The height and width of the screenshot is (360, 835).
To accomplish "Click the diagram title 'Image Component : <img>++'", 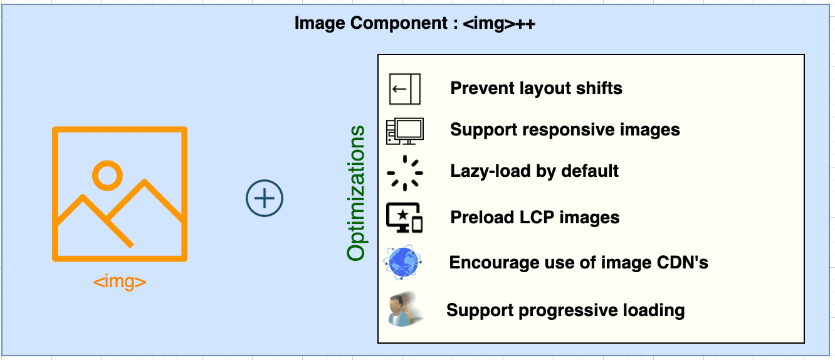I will point(414,24).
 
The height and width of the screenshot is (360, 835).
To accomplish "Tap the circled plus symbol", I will point(265,199).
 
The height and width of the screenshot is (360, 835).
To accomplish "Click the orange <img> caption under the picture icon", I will point(120,282).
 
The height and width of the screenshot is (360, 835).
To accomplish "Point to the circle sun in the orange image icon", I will point(107,175).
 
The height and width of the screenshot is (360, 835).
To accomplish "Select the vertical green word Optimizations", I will point(356,193).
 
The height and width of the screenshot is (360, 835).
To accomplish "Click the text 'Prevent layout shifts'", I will point(536,88).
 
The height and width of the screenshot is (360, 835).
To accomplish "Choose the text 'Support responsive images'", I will point(565,130).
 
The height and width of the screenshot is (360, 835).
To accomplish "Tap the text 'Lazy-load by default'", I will point(534,171).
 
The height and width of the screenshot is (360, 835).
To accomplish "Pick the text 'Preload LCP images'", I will point(535,218).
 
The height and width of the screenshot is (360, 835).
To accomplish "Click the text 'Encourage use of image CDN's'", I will point(579,262).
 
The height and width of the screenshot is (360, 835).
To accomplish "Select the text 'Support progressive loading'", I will point(565,310).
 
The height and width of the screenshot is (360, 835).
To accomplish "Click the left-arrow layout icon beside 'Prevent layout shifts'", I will point(404,88).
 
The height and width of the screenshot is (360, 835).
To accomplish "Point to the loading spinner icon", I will point(404,172).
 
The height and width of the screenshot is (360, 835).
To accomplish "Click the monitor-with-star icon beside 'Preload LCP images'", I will point(404,218).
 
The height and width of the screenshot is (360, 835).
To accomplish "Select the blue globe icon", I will point(403,262).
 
